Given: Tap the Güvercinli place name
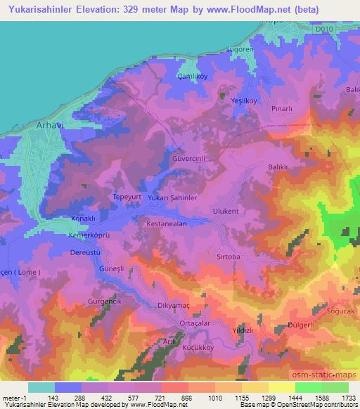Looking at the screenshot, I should pos(189,160).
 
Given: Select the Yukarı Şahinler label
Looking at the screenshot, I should pos(167,198).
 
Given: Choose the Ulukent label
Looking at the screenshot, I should pos(226,211).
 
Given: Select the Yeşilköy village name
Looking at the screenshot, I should pos(243,101).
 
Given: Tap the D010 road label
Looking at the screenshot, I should pos(323,30).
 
